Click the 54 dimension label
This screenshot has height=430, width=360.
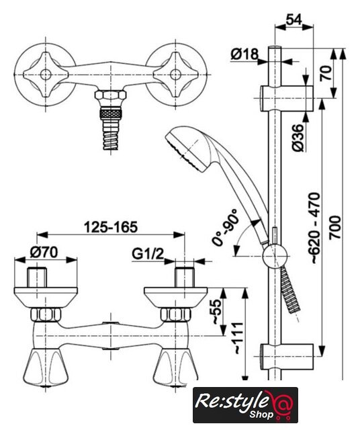294,19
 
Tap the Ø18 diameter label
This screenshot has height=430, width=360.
244,54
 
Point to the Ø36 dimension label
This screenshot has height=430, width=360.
298,138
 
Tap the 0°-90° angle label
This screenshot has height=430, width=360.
224,226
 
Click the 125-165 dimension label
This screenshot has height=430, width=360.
110,227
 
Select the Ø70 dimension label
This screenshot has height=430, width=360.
44,252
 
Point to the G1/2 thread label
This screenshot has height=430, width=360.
148,254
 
